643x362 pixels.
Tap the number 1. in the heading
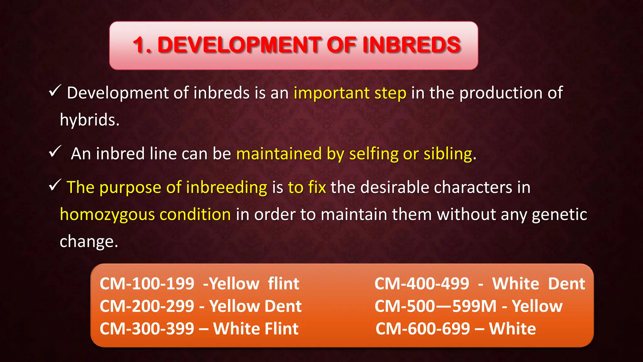point(142,45)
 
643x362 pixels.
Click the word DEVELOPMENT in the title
point(239,45)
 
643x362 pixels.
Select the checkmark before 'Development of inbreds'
point(55,91)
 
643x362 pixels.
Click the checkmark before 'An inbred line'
point(55,152)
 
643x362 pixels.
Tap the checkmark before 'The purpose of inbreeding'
point(55,185)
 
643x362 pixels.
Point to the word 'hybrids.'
point(90,120)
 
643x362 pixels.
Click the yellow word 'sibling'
point(448,154)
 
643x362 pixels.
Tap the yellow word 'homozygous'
point(107,215)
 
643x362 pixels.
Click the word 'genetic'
point(559,215)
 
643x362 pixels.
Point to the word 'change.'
point(89,242)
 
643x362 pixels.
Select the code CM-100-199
point(147,284)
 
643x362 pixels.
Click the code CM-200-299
point(147,306)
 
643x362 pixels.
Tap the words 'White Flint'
point(256,329)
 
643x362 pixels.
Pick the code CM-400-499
point(422,284)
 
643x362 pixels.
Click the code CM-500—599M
point(435,306)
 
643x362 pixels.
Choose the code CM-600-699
point(423,329)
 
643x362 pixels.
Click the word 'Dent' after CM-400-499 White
point(566,284)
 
